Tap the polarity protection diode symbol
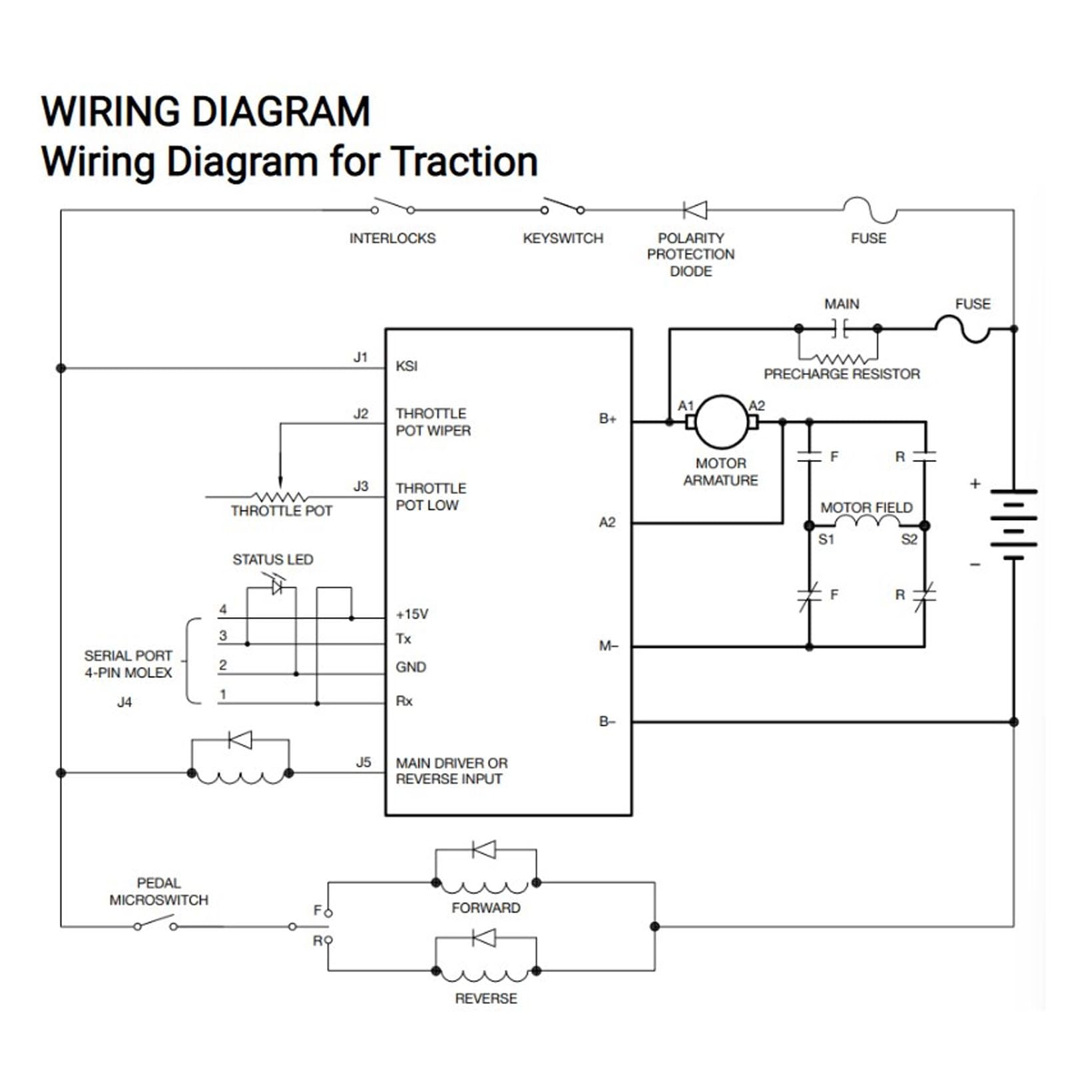(x=695, y=210)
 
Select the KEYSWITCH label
(x=563, y=238)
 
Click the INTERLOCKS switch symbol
(x=393, y=206)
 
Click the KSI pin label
(x=406, y=366)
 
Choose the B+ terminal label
(x=607, y=419)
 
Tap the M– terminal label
(x=609, y=646)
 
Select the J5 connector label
(x=363, y=762)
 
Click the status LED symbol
(x=277, y=587)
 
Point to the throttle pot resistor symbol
(x=280, y=497)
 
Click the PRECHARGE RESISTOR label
(x=842, y=374)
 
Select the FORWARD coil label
(x=486, y=908)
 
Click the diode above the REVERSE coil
(x=484, y=938)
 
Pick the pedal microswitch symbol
(x=155, y=923)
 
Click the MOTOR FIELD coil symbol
(x=867, y=521)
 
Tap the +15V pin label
(x=412, y=614)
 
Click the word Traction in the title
(x=464, y=162)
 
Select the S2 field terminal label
(x=909, y=539)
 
